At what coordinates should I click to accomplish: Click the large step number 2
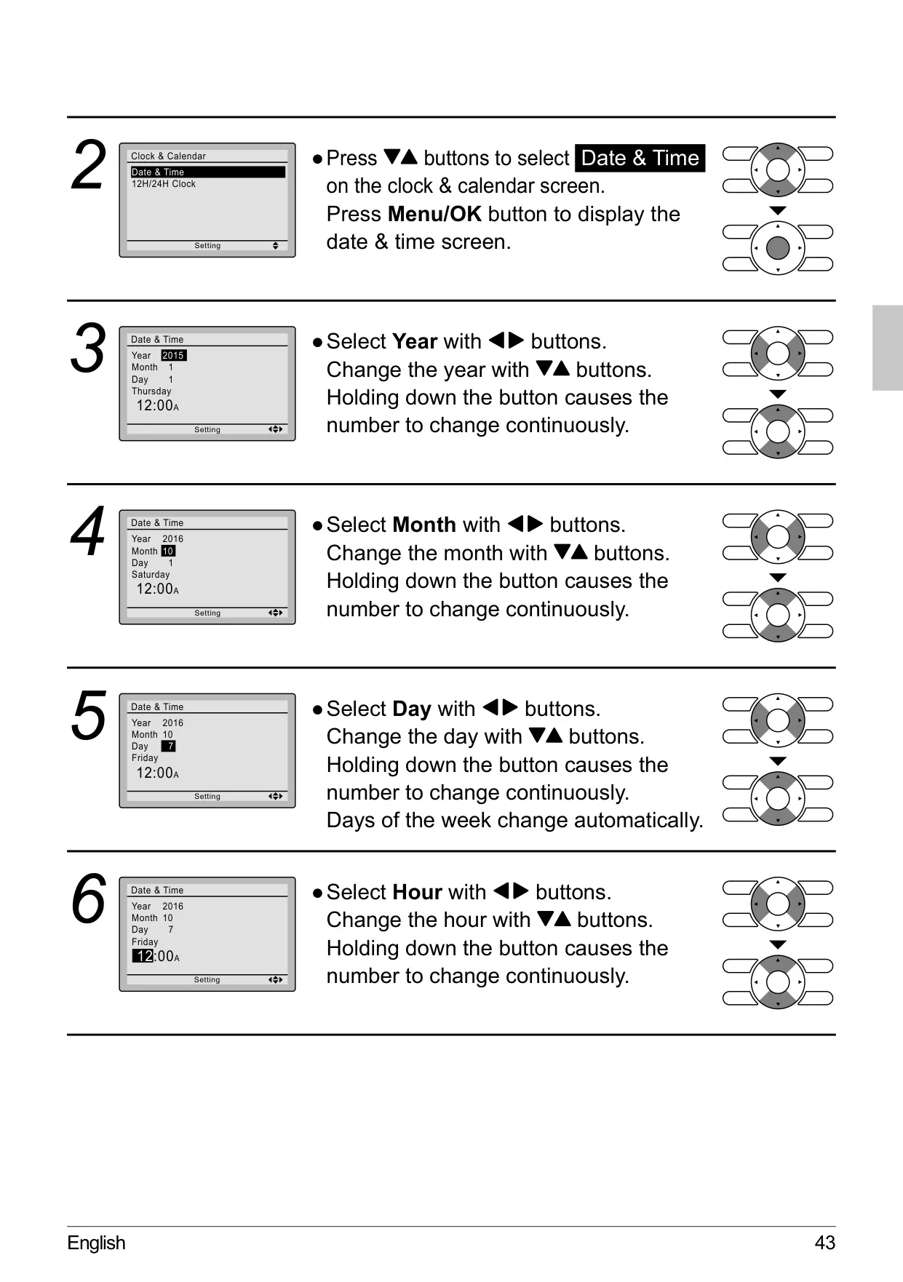[x=89, y=167]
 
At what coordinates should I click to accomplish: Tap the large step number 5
[x=89, y=717]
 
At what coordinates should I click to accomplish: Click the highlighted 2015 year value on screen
[x=173, y=355]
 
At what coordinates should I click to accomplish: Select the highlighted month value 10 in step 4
[x=168, y=551]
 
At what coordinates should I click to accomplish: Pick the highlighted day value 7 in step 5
[x=169, y=746]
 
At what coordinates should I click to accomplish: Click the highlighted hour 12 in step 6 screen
[x=143, y=956]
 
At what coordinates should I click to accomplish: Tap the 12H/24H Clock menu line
[x=164, y=184]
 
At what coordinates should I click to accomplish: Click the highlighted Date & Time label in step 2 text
[x=640, y=158]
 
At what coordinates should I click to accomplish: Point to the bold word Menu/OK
[x=434, y=215]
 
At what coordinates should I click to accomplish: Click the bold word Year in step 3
[x=415, y=341]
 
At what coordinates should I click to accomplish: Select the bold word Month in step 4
[x=424, y=525]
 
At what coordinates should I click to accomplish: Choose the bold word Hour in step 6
[x=417, y=892]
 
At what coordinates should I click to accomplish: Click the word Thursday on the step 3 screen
[x=151, y=391]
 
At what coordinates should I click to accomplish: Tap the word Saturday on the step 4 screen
[x=151, y=575]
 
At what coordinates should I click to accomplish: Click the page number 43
[x=825, y=1243]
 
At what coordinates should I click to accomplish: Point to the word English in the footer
[x=96, y=1243]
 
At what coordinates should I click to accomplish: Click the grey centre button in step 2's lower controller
[x=778, y=248]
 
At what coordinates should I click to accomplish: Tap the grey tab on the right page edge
[x=888, y=348]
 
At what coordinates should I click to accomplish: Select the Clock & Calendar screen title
[x=168, y=156]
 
